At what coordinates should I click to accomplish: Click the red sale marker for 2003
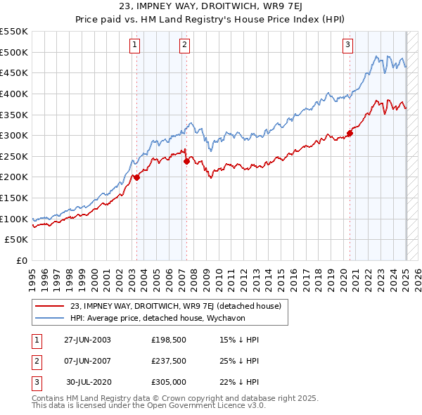[x=136, y=177]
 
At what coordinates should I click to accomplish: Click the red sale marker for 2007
[x=186, y=161]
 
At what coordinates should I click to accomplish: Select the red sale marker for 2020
[x=350, y=133]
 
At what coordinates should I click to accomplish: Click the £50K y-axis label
[x=16, y=240]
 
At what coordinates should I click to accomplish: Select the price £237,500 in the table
[x=167, y=361]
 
